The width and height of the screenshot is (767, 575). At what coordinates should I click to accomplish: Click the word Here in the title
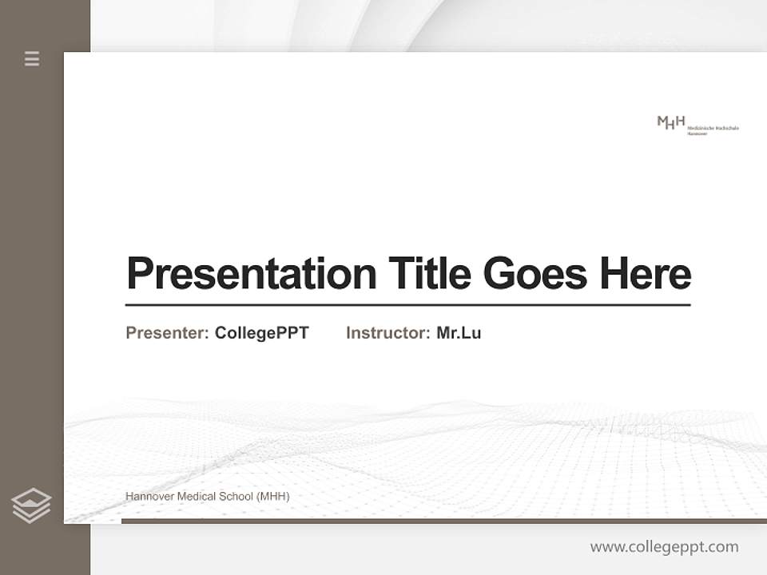click(646, 274)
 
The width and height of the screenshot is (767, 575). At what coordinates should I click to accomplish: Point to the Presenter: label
click(167, 333)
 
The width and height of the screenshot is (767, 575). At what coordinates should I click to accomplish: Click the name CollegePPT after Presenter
click(261, 333)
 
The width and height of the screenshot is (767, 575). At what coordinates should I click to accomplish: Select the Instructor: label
click(387, 333)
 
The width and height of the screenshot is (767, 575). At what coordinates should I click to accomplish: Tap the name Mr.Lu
click(459, 333)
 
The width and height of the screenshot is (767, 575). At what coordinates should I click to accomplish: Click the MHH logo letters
click(671, 122)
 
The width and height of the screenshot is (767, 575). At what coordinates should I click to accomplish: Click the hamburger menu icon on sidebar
click(32, 58)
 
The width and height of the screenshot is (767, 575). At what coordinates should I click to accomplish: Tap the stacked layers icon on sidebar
click(31, 506)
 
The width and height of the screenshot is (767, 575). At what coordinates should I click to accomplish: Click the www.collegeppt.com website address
click(664, 547)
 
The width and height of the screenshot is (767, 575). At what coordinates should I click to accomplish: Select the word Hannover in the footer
click(149, 497)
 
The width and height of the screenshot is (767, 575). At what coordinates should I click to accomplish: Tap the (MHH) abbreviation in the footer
click(273, 497)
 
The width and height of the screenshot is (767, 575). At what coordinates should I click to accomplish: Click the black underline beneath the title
click(407, 305)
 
